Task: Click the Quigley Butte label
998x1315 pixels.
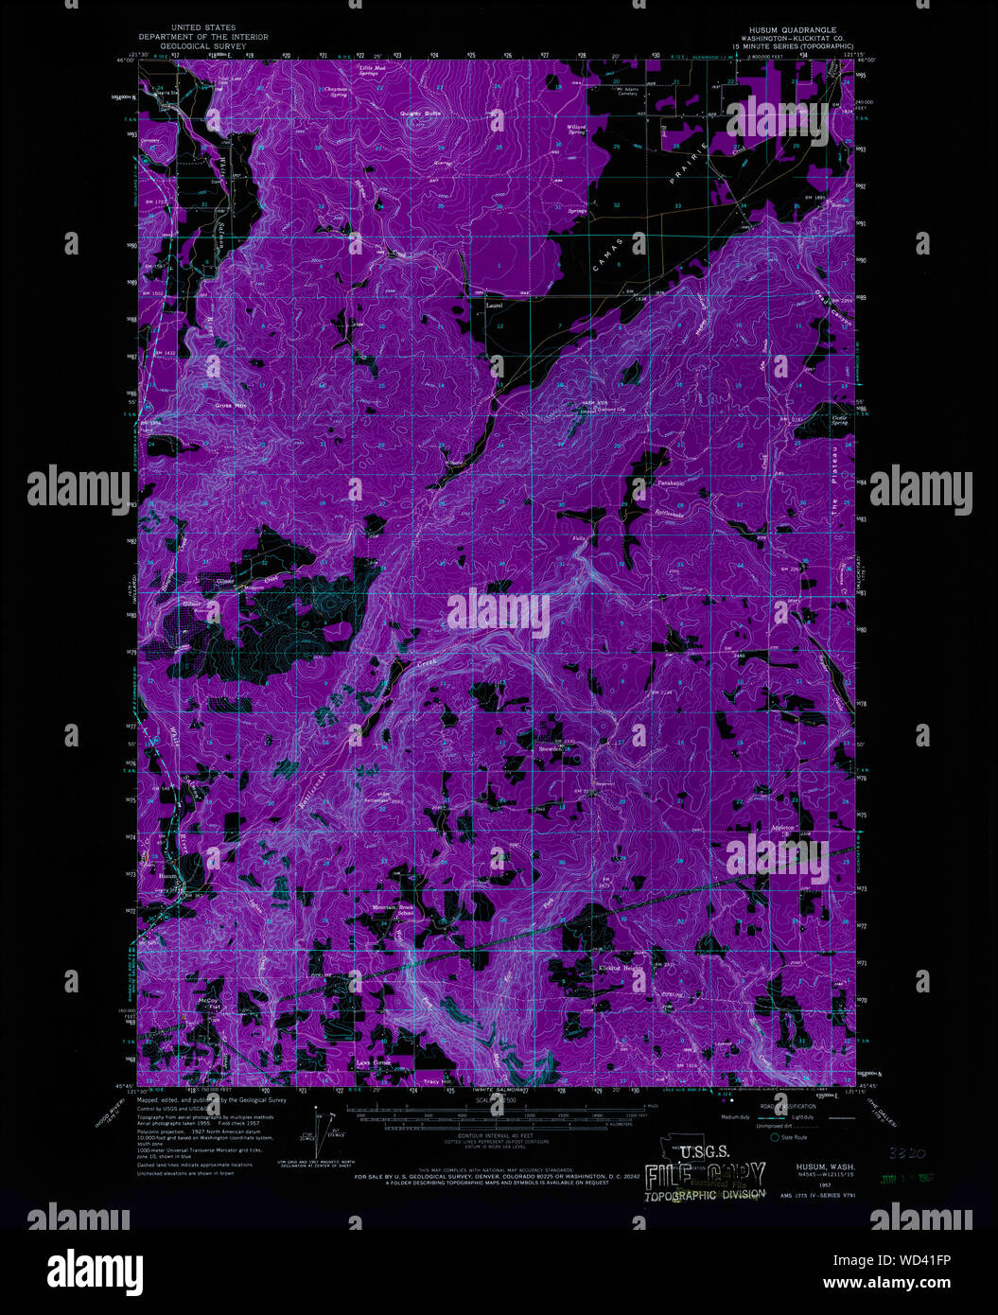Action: (420, 114)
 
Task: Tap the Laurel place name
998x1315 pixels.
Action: (494, 306)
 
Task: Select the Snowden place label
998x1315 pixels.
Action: (552, 748)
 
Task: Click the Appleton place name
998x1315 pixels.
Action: (781, 827)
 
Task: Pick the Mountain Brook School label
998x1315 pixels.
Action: (393, 910)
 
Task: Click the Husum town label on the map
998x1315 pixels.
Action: (168, 876)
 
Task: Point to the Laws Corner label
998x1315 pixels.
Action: (375, 1063)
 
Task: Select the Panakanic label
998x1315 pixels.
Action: (671, 482)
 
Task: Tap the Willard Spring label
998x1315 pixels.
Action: (576, 128)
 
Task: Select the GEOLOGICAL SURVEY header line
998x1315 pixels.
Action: (202, 45)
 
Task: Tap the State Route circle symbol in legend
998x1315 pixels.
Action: (775, 1137)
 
